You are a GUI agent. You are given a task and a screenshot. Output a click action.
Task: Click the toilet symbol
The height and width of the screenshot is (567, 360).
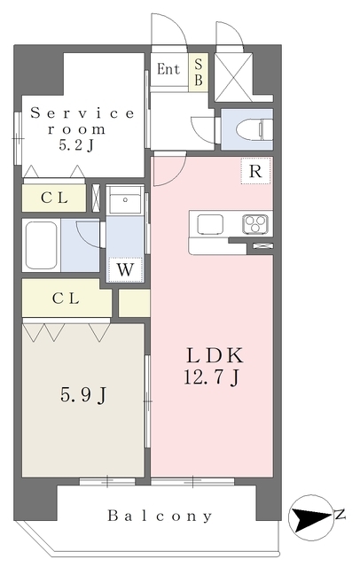(x=252, y=129)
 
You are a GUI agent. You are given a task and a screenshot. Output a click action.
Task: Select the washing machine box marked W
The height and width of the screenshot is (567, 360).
(x=125, y=269)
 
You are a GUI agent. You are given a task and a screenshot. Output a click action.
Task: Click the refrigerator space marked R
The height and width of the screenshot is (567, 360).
(x=255, y=170)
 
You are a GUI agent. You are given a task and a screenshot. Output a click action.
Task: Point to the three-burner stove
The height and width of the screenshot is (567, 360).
(x=255, y=224)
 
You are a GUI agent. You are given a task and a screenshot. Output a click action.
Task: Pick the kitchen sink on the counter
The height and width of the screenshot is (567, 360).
(x=210, y=224)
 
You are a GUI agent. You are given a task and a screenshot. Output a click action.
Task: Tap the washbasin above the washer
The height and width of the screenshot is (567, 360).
(x=125, y=199)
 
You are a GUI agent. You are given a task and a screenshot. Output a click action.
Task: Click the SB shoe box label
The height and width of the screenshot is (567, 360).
(x=199, y=72)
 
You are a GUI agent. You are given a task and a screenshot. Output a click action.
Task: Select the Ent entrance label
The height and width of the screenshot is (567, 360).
(x=168, y=69)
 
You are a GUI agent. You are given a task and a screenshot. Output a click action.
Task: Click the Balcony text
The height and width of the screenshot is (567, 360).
(x=160, y=516)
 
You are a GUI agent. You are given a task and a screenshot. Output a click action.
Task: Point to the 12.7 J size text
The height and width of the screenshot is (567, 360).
(x=211, y=377)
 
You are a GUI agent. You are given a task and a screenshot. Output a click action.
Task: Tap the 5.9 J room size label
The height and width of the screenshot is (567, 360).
(x=83, y=395)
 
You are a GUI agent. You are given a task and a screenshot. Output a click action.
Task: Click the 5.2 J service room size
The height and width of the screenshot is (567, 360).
(x=76, y=145)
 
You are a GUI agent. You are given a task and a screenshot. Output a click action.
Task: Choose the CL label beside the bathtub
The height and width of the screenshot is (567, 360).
(x=66, y=299)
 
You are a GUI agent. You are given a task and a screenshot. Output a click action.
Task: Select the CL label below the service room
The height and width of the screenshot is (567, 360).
(x=54, y=198)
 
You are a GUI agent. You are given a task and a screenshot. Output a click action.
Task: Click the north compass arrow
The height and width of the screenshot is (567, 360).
(x=310, y=517)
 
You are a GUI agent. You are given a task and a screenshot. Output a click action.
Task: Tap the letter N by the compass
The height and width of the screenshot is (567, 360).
(x=340, y=515)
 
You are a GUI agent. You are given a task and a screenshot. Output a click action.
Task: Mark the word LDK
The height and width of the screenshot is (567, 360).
(x=215, y=356)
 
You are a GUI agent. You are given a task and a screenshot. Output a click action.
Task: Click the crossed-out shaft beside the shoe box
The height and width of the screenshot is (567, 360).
(x=233, y=77)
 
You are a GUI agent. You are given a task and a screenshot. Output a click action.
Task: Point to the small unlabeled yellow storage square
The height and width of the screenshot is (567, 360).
(x=134, y=303)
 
